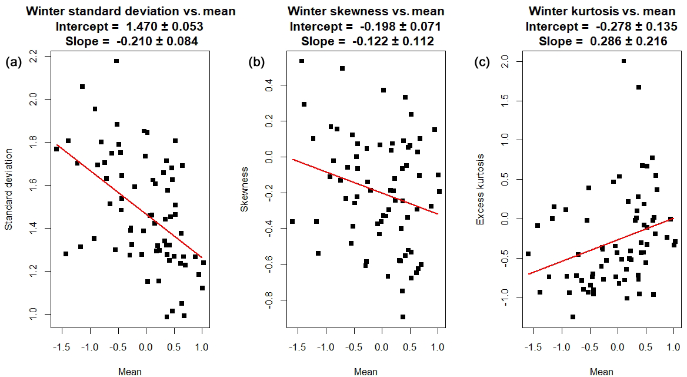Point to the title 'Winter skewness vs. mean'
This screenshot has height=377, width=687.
tap(366, 11)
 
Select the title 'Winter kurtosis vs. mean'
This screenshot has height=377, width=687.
tap(601, 11)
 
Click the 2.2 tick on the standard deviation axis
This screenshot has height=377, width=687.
tap(33, 57)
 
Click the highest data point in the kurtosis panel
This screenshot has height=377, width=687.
tap(623, 61)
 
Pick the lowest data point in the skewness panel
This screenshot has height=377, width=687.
tap(403, 317)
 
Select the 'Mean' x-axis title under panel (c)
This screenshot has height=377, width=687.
tap(601, 371)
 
